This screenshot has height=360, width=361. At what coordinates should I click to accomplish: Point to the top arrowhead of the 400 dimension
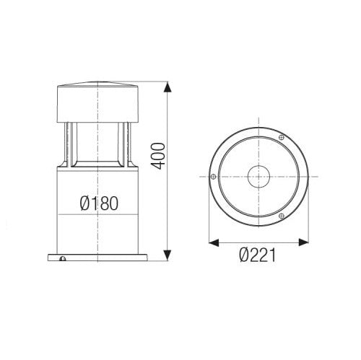pos(168,87)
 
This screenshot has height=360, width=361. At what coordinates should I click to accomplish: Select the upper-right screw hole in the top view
pos(282,139)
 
